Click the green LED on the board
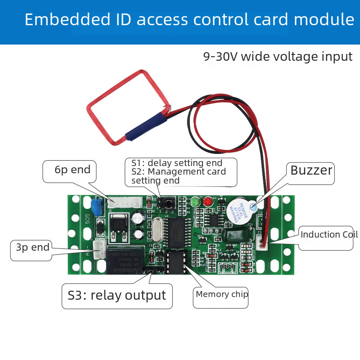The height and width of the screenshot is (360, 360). (x=195, y=202)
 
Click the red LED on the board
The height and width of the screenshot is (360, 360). (x=207, y=202)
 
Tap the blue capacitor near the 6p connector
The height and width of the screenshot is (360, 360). (x=96, y=207)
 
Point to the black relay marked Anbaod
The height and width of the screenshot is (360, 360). (x=122, y=260)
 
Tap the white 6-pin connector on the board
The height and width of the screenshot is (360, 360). (x=122, y=203)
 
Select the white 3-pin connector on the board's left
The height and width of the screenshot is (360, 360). (x=99, y=246)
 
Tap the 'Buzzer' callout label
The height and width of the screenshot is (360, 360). (x=311, y=171)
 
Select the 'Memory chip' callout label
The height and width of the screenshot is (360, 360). (x=221, y=294)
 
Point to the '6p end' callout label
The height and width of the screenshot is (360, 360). (x=72, y=170)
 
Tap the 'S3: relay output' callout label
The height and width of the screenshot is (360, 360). (x=117, y=295)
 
